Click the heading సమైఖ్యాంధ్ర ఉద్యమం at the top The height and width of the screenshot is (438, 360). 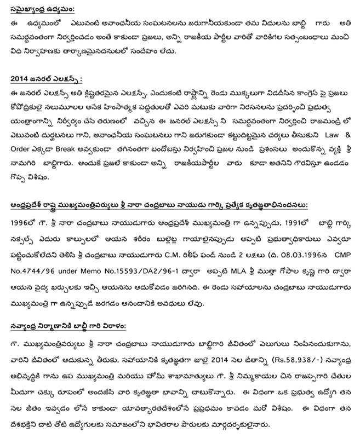point(46,9)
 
